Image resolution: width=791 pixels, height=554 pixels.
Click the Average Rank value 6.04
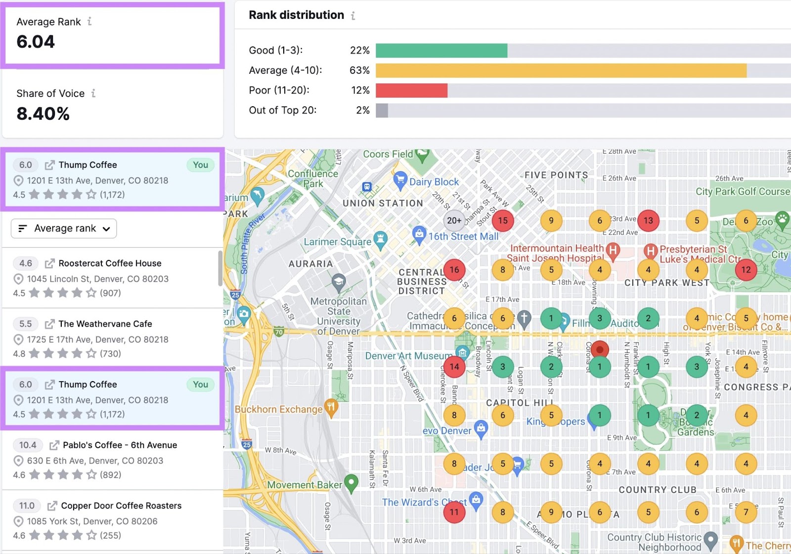coord(36,42)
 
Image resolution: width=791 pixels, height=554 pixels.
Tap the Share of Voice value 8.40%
coord(43,114)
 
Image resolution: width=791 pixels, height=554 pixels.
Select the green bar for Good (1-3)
coord(441,50)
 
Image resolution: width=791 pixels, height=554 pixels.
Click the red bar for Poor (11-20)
coord(411,90)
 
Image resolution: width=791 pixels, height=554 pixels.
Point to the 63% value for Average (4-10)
coord(359,70)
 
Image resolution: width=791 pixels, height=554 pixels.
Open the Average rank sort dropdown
coord(64,228)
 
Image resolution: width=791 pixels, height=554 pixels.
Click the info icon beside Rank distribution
coord(353,16)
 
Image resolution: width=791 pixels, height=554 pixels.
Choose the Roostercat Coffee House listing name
coord(110,263)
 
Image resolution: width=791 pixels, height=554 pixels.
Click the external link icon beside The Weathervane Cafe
coord(49,324)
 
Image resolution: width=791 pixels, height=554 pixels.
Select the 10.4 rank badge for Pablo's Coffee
coord(28,445)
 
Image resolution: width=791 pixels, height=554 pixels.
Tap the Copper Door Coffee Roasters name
coord(121,506)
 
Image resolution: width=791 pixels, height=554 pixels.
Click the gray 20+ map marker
coord(454,220)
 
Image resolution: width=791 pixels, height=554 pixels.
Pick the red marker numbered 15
coord(503,220)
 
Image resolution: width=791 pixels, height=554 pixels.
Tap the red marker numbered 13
coord(648,220)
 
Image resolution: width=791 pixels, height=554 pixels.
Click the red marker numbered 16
coord(454,269)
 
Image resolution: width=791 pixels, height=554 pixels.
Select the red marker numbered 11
coord(454,512)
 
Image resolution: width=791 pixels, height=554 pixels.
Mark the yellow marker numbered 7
coord(746,512)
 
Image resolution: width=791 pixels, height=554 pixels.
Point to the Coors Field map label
coord(388,154)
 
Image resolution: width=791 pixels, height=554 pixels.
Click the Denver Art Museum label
coord(408,356)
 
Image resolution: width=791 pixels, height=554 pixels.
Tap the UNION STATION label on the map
coord(383,203)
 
